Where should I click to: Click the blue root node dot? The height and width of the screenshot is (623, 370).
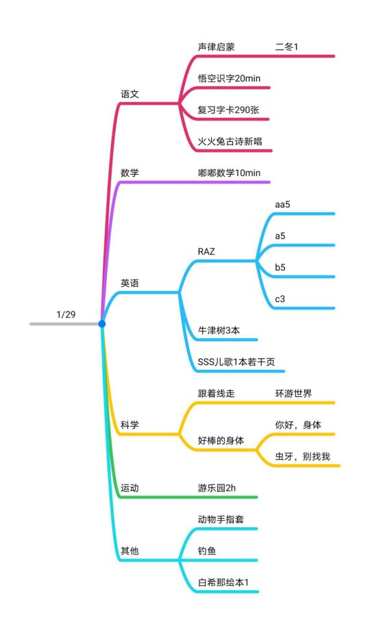coord(102,324)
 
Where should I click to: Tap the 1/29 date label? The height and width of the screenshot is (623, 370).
coord(66,315)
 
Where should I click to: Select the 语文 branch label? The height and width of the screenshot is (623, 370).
coord(129,94)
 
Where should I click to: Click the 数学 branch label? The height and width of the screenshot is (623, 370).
coord(129,173)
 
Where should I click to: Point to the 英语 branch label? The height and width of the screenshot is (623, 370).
coord(129,283)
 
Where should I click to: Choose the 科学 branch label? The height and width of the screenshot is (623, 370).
coord(129,424)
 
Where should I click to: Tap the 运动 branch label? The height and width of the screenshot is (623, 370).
coord(129,488)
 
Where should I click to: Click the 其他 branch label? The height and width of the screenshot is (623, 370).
coord(129,550)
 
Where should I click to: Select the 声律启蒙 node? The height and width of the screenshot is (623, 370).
coord(217,47)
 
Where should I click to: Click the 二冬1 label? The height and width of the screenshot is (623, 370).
coord(286,47)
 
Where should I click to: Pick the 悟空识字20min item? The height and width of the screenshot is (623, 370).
coord(229,78)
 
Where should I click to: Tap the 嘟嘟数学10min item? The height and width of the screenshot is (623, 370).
coord(229,173)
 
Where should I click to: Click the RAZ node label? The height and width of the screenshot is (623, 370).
coord(206,251)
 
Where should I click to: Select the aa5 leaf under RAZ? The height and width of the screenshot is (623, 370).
coord(282,205)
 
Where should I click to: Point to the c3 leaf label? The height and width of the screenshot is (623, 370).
coord(280,298)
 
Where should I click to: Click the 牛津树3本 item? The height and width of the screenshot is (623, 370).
coord(219,330)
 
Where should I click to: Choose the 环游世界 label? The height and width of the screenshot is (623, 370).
coord(294,394)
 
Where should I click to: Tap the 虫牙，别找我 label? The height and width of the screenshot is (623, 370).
coord(303,457)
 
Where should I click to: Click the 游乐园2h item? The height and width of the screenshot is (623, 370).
coord(217,488)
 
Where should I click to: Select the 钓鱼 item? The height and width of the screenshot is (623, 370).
coord(208,550)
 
